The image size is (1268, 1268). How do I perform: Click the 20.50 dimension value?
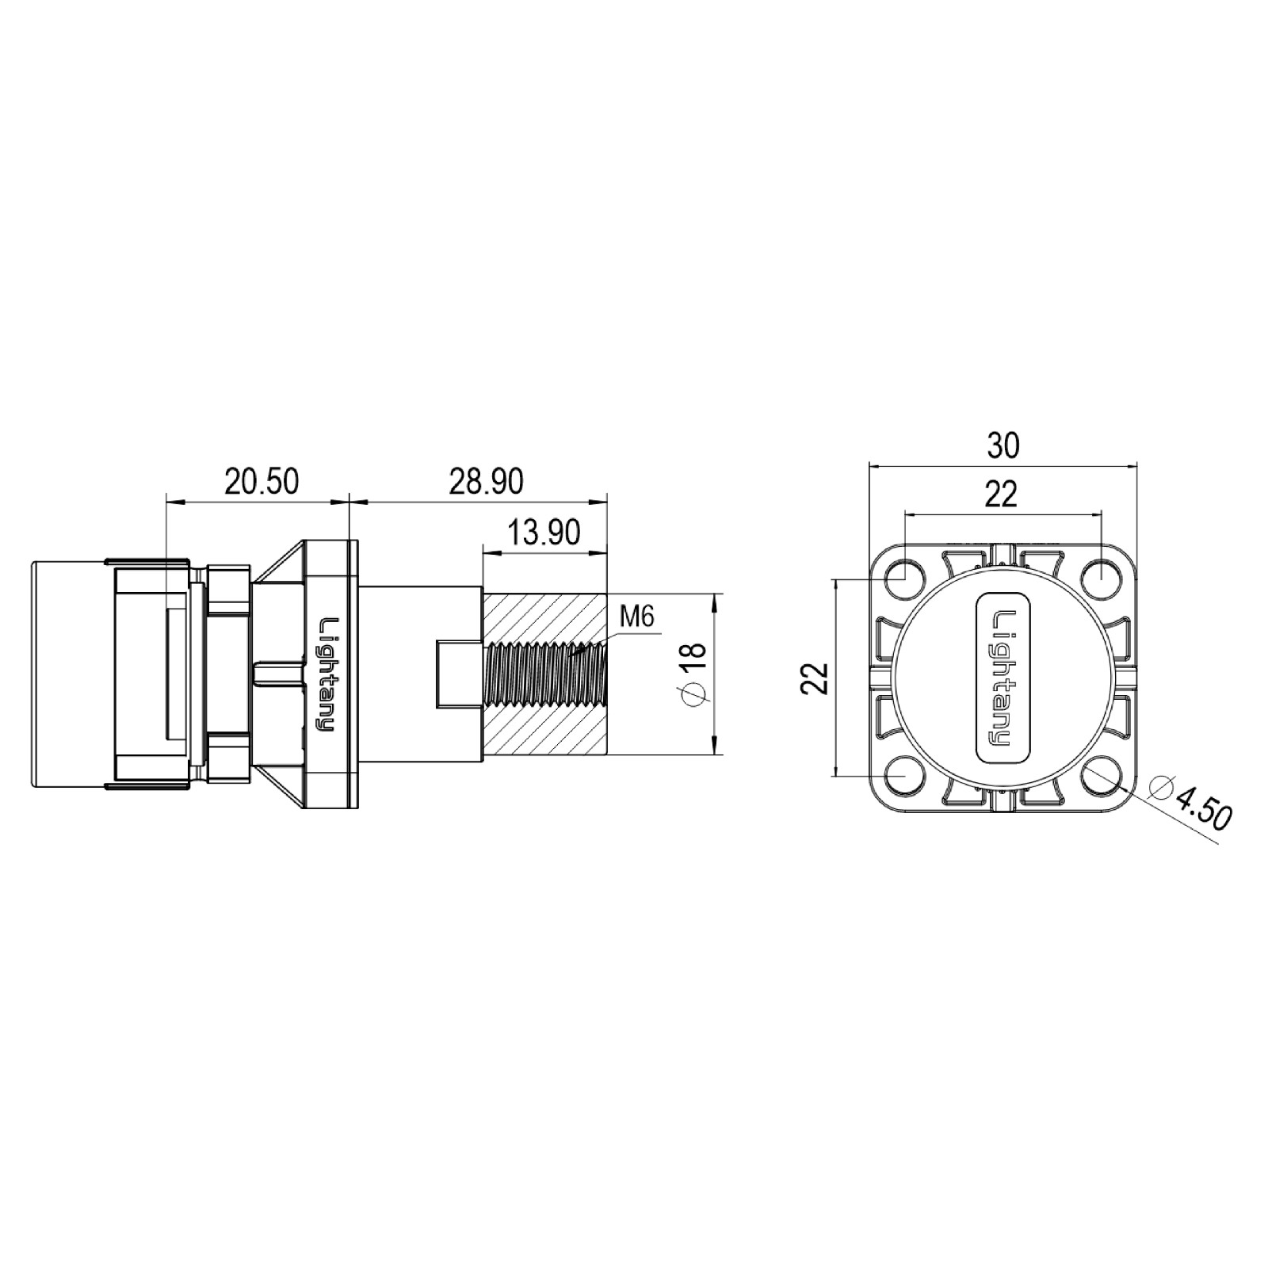(x=261, y=482)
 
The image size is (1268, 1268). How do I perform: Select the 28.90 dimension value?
(x=486, y=482)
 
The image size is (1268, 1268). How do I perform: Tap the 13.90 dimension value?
(x=543, y=533)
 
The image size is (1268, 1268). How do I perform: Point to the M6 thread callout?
(x=637, y=616)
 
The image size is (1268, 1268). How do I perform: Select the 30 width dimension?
(x=1003, y=446)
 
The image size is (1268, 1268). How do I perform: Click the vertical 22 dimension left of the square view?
(x=815, y=678)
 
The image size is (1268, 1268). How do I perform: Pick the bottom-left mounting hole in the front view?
(x=903, y=776)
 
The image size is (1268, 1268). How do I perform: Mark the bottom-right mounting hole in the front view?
(x=1100, y=776)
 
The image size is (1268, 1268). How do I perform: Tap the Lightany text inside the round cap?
(x=1002, y=678)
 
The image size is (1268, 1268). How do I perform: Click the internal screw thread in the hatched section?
(x=547, y=674)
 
